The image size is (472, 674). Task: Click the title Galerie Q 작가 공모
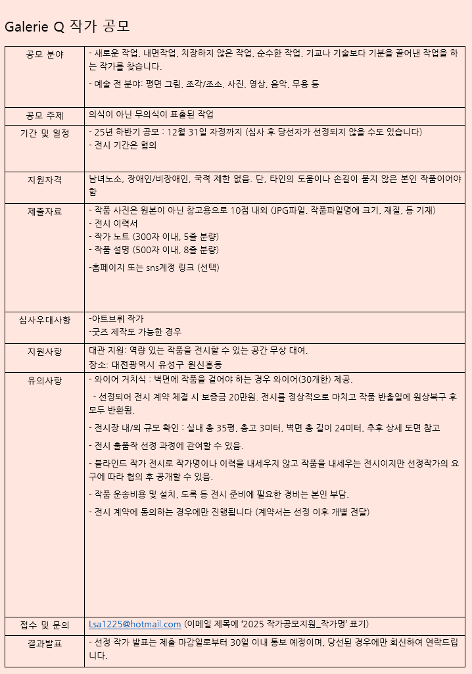(x=67, y=26)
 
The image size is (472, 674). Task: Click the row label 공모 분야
(x=45, y=55)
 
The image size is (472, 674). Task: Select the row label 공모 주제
(x=45, y=116)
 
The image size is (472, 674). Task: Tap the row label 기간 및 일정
(x=45, y=133)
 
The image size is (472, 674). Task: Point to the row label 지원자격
(x=45, y=180)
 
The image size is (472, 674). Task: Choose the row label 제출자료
(x=45, y=212)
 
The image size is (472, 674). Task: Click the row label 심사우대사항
(x=45, y=320)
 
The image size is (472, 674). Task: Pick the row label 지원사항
(x=45, y=352)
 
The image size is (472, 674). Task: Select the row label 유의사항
(x=45, y=381)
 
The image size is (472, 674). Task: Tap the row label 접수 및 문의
(x=45, y=625)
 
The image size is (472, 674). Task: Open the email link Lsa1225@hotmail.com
(x=135, y=624)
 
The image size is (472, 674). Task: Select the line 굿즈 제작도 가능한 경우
(x=135, y=332)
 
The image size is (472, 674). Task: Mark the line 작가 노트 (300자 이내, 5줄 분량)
(x=154, y=237)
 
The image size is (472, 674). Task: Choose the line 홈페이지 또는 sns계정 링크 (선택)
(x=154, y=268)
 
